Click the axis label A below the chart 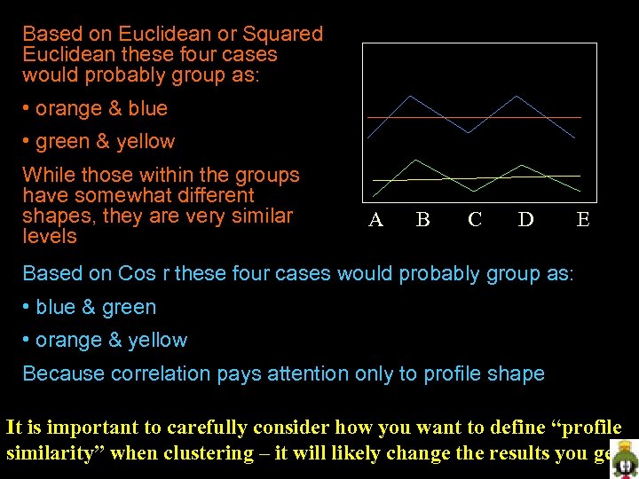click(x=376, y=220)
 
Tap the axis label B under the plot click(x=423, y=220)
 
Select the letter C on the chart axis click(x=475, y=220)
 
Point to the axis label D click(x=525, y=220)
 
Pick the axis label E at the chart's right click(x=582, y=220)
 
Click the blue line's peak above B click(x=409, y=96)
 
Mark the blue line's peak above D click(x=517, y=96)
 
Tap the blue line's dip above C click(x=469, y=133)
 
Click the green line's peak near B click(x=416, y=161)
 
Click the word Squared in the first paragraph click(x=285, y=35)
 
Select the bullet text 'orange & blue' click(x=101, y=109)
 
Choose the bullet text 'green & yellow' click(x=105, y=142)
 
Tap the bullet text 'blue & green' click(x=95, y=308)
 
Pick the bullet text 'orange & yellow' click(x=111, y=341)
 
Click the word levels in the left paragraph click(x=50, y=237)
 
